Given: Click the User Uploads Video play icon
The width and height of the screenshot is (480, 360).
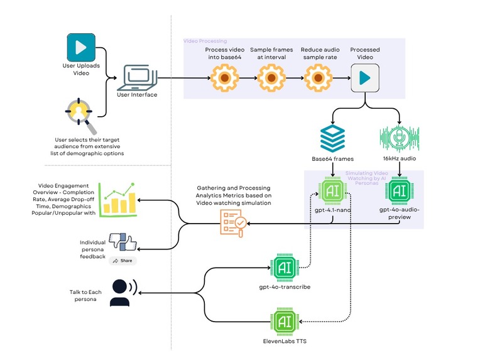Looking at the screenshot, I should (x=81, y=48).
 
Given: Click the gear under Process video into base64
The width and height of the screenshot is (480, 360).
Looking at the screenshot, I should (x=223, y=79).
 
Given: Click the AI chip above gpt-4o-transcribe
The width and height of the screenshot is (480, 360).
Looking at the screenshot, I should (x=285, y=268).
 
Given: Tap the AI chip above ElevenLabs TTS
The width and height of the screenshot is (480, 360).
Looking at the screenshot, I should (x=285, y=320).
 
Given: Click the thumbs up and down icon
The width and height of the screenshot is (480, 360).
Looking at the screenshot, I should (x=123, y=243).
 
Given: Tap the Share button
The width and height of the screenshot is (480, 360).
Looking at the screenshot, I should (x=123, y=261).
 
